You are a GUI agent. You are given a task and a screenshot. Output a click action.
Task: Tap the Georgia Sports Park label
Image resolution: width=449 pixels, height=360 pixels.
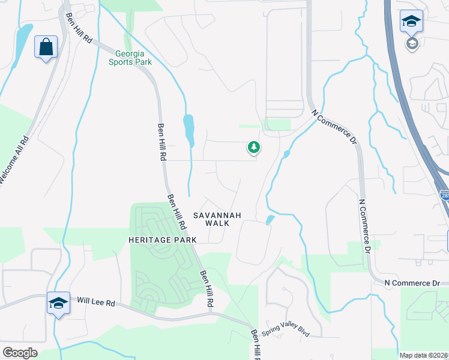(x=130, y=57)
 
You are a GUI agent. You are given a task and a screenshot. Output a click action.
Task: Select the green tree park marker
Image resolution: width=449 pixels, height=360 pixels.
(x=254, y=147)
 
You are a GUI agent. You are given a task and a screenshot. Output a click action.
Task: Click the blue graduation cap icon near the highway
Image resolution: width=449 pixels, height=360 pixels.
(x=411, y=22)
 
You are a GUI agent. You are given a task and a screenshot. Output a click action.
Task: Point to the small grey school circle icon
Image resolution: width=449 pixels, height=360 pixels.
(x=412, y=44)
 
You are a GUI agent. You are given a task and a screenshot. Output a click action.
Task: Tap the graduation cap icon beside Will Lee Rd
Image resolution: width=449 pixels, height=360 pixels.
(x=58, y=303)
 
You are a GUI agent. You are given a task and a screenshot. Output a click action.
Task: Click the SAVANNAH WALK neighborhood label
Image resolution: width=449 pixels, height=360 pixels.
(x=217, y=219)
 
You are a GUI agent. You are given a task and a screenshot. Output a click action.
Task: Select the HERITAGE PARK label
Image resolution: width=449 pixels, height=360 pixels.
(x=162, y=239)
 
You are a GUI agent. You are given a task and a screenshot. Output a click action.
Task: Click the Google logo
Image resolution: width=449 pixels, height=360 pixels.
(x=20, y=353)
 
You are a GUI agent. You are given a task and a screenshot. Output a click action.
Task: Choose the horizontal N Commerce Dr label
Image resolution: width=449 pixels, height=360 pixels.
(x=412, y=282)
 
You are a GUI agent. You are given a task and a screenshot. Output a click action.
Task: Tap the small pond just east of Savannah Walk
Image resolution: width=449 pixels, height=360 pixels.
(x=270, y=220)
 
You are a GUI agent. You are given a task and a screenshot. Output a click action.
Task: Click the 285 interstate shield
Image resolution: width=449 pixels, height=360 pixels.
(x=444, y=196)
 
